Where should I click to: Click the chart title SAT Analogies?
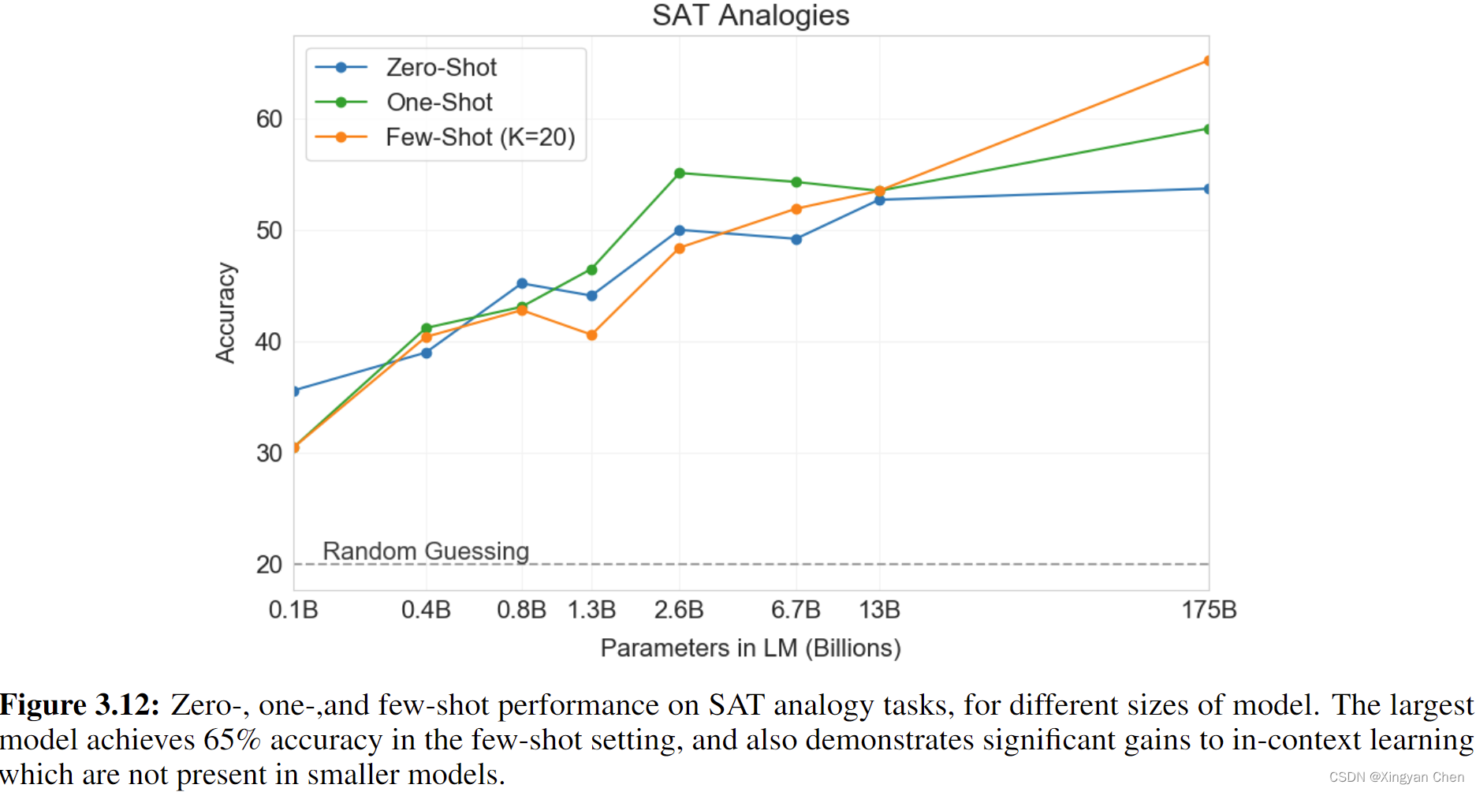[750, 16]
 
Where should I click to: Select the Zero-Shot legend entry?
[441, 68]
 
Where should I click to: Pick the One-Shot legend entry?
[439, 103]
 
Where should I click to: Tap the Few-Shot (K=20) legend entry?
[479, 137]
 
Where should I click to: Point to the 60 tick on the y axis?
[269, 119]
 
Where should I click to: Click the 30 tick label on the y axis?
[269, 454]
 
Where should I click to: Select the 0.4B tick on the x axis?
[426, 610]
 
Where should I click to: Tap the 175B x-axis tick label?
[1209, 610]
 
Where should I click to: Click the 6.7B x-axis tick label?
[796, 610]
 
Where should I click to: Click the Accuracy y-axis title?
[225, 313]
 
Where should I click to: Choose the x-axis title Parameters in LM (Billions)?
[750, 648]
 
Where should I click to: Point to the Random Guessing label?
[426, 551]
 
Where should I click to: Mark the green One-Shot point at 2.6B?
[680, 174]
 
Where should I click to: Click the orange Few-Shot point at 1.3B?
[592, 335]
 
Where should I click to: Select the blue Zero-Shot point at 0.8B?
[522, 283]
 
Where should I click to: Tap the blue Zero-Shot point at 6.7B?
[796, 239]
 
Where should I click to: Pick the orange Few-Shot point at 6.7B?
[796, 209]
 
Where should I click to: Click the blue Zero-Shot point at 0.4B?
[427, 353]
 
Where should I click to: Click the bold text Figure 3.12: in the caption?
[80, 704]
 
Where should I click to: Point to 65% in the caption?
[232, 740]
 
